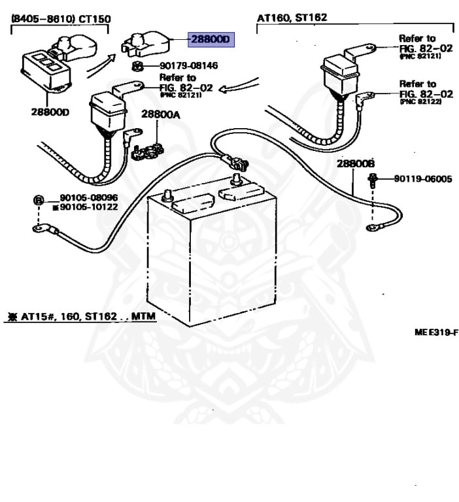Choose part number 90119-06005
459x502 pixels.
point(422,178)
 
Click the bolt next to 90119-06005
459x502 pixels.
point(373,179)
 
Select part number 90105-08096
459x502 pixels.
point(88,197)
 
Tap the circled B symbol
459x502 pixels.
point(38,199)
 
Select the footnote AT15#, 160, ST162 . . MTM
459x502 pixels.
point(82,317)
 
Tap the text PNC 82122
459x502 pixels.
point(420,102)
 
